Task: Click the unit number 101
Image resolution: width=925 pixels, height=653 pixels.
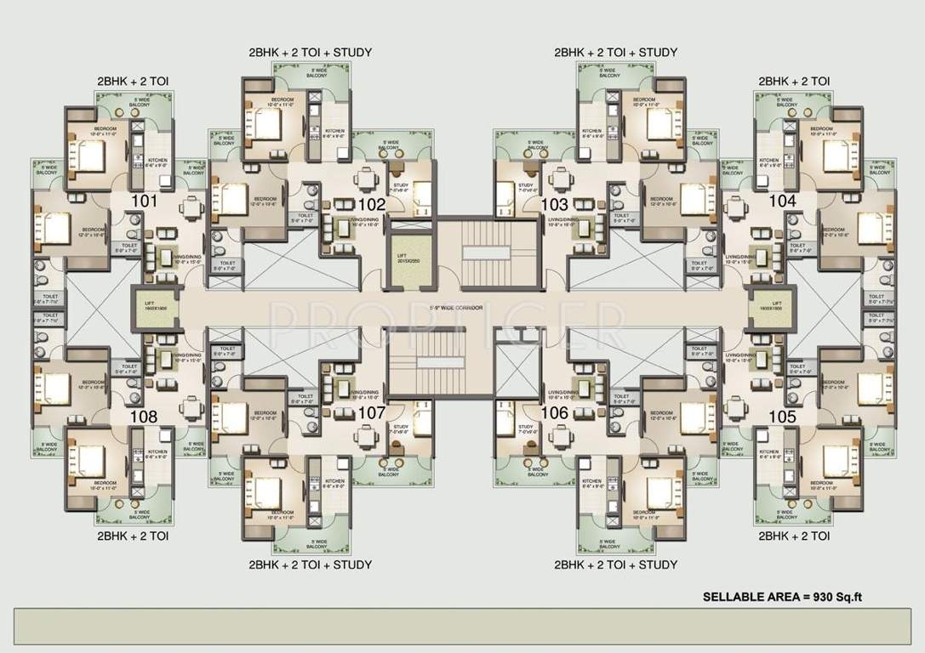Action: pos(145,202)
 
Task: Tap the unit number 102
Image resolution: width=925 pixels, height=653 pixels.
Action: pos(372,205)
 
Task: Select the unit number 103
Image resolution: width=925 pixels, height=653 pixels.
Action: pos(554,205)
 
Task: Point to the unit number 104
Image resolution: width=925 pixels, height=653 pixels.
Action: pos(781,202)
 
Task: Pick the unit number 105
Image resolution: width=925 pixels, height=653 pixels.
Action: pos(781,417)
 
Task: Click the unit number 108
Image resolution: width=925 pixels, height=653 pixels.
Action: pos(144,417)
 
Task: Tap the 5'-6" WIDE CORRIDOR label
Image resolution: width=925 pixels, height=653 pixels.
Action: pos(461,309)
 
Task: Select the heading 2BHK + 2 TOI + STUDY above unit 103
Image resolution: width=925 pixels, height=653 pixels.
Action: pos(615,53)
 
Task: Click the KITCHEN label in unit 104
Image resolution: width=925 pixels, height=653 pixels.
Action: pos(769,162)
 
